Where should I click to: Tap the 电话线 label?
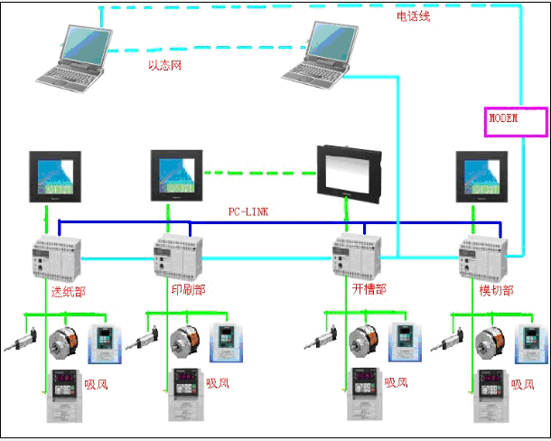414,16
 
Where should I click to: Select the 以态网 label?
166,65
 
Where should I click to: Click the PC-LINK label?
247,211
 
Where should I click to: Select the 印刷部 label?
188,290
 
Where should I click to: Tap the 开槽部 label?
369,290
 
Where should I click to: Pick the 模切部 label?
495,290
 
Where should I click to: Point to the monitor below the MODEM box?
479,176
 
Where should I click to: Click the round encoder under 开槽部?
365,342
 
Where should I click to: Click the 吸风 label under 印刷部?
218,384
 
